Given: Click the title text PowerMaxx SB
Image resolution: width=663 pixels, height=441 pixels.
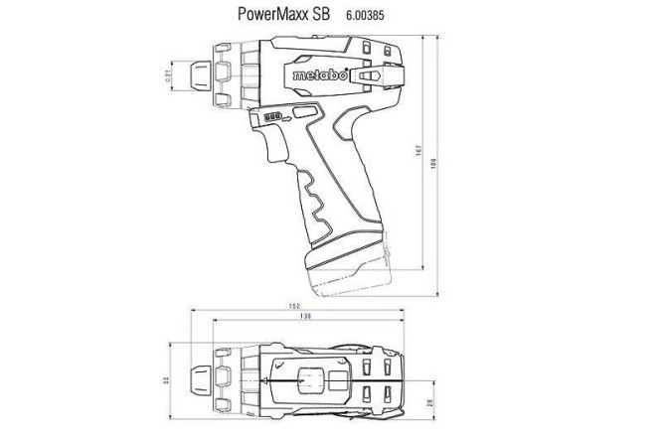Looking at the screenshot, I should pos(281,16).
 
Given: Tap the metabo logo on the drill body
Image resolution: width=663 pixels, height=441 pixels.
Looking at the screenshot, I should pos(317,75).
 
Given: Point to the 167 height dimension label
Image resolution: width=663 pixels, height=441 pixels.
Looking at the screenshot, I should pos(425,153).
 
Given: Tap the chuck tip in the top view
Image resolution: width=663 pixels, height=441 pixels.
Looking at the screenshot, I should pos(203,378).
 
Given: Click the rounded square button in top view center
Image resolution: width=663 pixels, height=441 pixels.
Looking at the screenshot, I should pos(311,378).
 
